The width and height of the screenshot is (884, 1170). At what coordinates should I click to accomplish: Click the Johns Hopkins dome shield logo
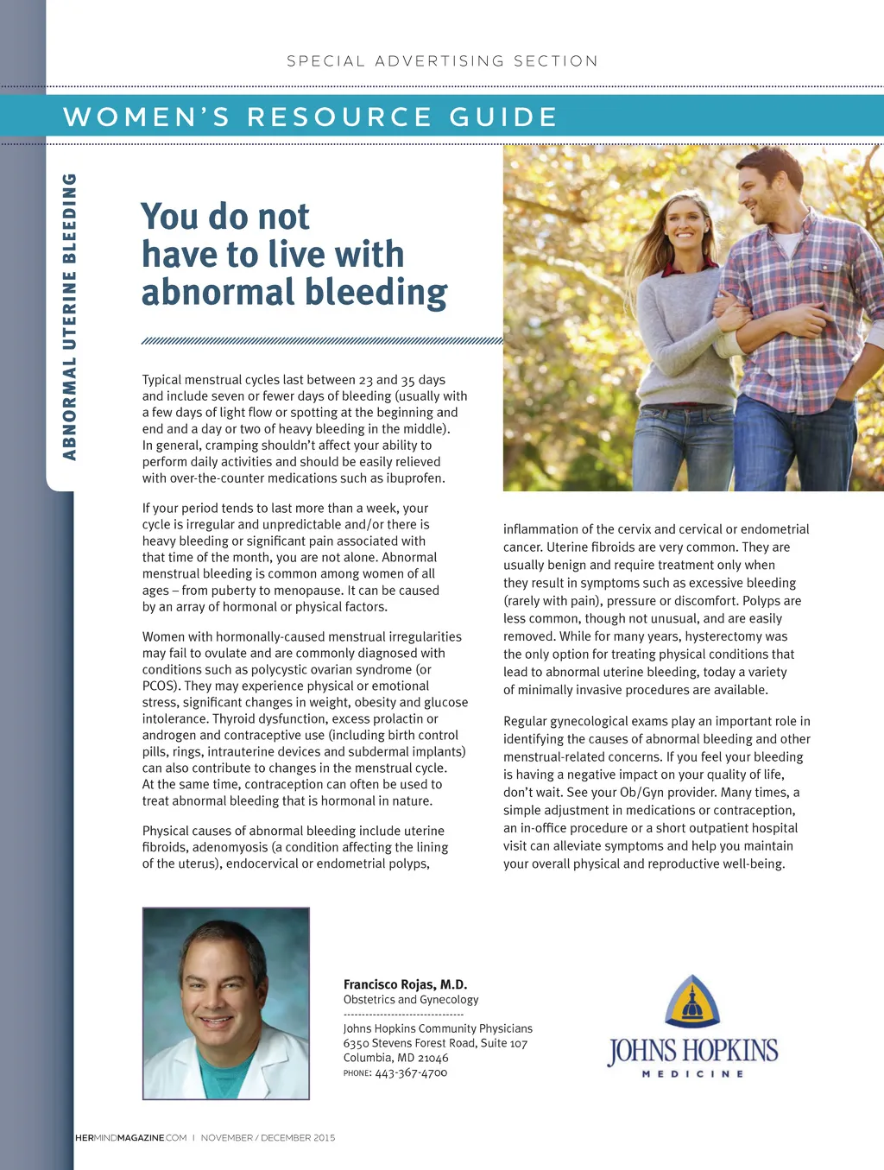pos(692,1002)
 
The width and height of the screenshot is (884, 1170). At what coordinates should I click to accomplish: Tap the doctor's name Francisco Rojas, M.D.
pos(405,984)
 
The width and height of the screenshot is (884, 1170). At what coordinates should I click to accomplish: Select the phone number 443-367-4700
pos(411,1073)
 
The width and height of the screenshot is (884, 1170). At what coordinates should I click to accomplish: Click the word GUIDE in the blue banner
pos(503,117)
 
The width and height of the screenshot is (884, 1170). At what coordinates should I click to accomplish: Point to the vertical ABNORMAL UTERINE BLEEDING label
pos(70,316)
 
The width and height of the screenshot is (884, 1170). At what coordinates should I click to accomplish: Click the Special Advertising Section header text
pos(442,61)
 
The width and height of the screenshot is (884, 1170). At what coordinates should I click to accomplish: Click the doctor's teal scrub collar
pos(225,1077)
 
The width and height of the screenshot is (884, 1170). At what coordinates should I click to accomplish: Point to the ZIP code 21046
pos(433,1058)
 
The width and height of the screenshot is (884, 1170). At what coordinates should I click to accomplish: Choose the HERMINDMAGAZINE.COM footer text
pos(130,1138)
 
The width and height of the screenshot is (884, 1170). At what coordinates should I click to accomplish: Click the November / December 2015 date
pos(268,1138)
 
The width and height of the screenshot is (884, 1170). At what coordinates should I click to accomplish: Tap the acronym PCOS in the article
pos(159,686)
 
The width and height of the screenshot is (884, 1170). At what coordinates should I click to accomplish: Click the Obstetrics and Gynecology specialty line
pos(410,1000)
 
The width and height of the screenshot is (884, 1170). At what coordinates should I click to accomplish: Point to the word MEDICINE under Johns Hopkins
pos(692,1074)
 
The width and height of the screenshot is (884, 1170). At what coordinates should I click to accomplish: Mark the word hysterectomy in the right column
pos(723,636)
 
